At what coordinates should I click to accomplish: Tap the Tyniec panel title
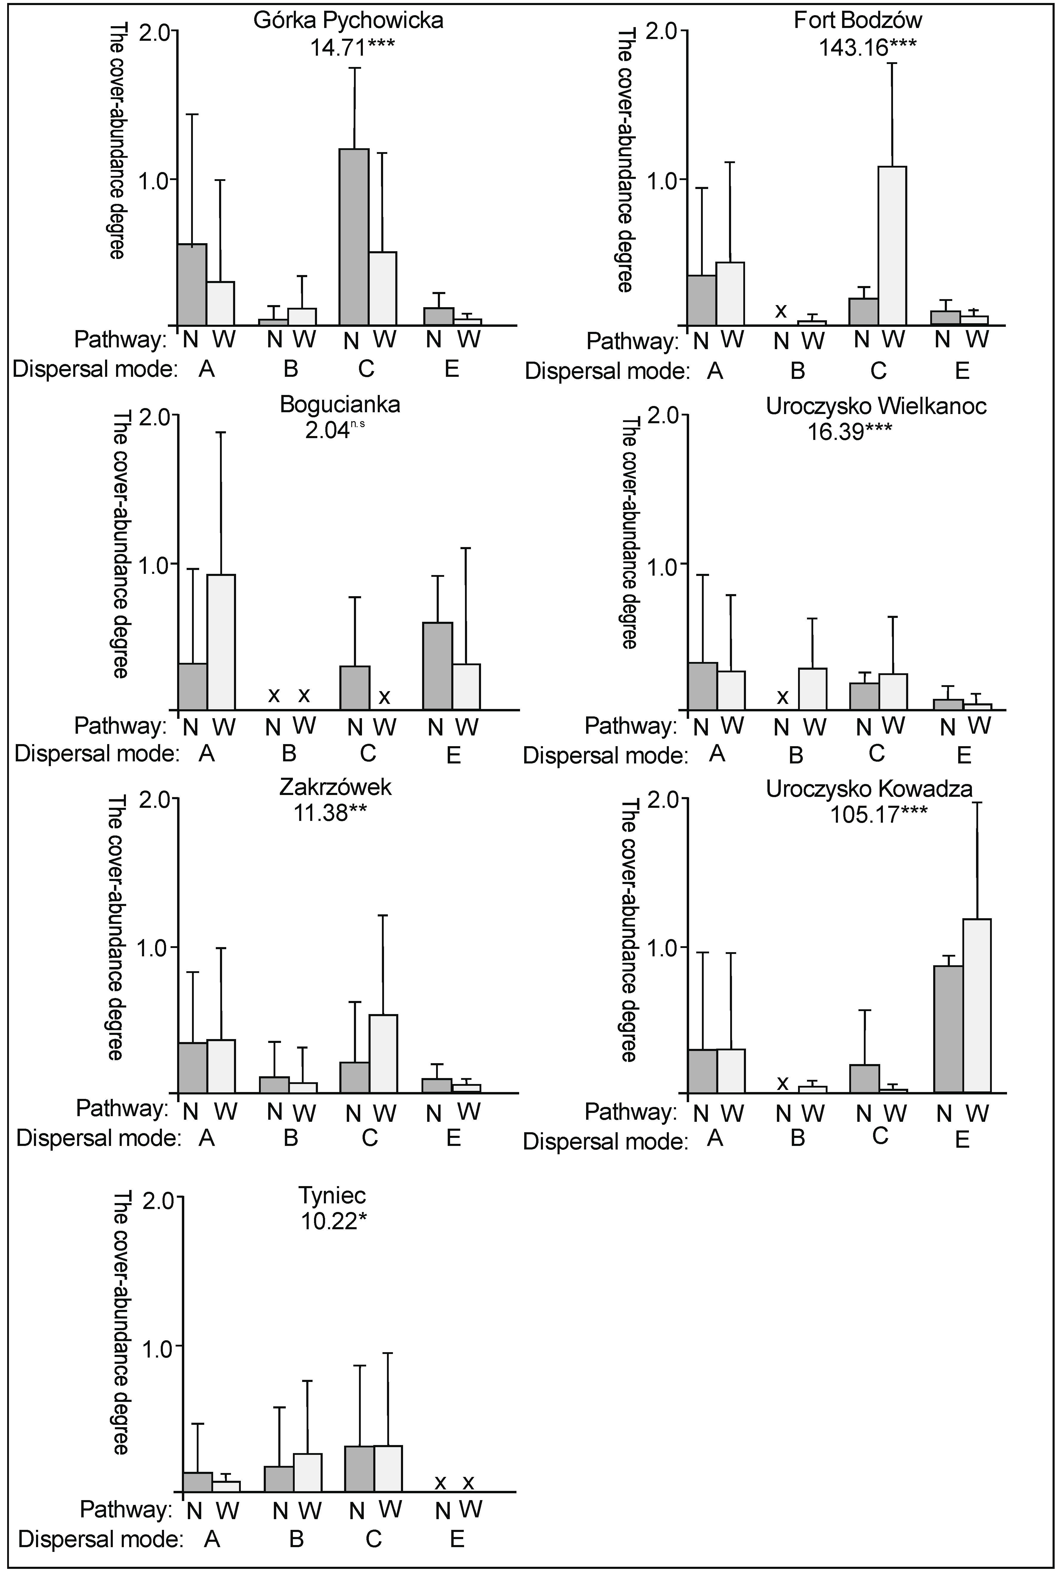point(332,1196)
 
